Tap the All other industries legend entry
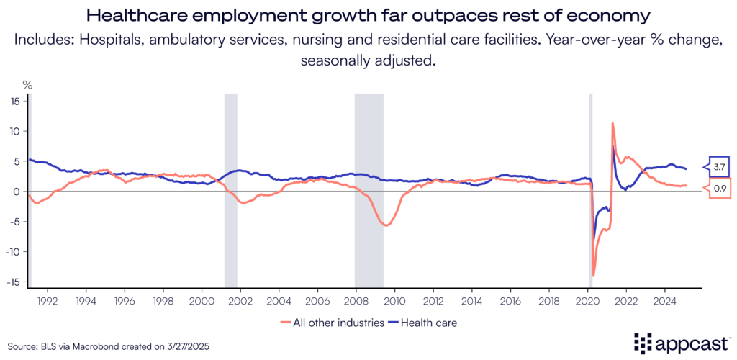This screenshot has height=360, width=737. coord(335,323)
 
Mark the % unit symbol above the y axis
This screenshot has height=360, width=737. coord(27,84)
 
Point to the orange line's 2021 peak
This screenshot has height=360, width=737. coord(612,123)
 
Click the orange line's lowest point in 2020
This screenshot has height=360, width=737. coord(594,276)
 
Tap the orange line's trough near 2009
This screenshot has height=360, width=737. coord(386,225)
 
